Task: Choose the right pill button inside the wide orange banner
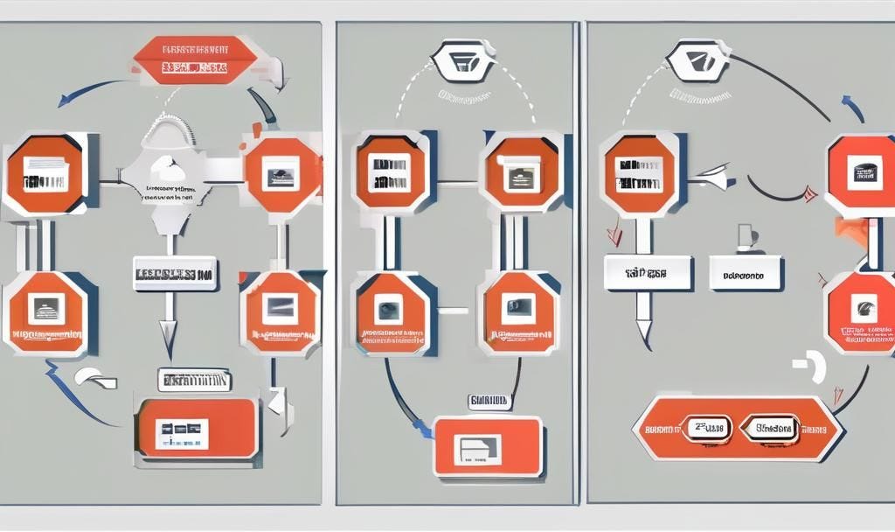click(769, 428)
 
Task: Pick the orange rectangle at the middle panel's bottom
click(488, 445)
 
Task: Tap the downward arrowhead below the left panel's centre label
click(169, 332)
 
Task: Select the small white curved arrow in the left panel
click(94, 378)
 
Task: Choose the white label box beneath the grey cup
click(746, 274)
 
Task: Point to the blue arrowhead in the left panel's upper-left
click(65, 101)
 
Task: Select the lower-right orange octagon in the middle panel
click(519, 312)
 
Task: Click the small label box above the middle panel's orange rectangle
click(489, 401)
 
